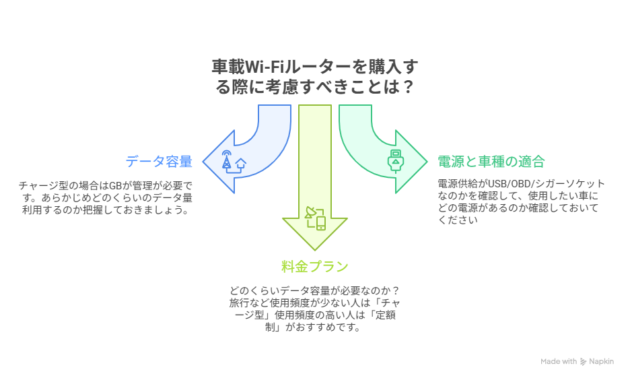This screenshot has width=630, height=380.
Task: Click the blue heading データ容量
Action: pyautogui.click(x=159, y=162)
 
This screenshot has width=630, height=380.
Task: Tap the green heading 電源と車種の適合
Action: pyautogui.click(x=491, y=162)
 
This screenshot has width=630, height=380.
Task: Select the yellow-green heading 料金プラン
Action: pyautogui.click(x=315, y=266)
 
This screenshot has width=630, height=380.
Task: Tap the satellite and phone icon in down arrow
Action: pyautogui.click(x=315, y=218)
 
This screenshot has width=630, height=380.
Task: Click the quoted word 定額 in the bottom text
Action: pyautogui.click(x=384, y=315)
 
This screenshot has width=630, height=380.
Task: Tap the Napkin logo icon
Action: pyautogui.click(x=583, y=362)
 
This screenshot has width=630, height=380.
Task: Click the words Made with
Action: pyautogui.click(x=559, y=362)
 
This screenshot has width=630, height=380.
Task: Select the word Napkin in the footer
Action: pyautogui.click(x=601, y=362)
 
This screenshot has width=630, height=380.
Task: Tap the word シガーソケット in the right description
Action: pyautogui.click(x=572, y=183)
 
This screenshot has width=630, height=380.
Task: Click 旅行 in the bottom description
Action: pyautogui.click(x=237, y=303)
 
